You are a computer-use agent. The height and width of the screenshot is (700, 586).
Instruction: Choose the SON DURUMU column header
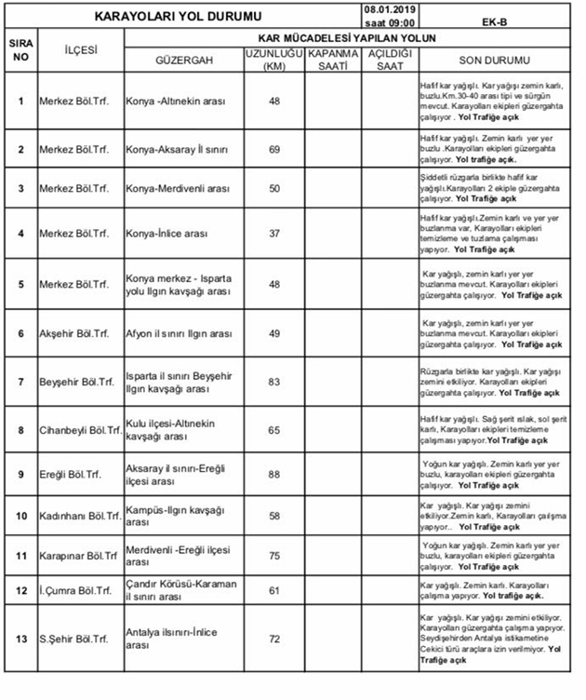point(495,60)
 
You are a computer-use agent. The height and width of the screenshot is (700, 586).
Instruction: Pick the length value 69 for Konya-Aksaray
point(273,149)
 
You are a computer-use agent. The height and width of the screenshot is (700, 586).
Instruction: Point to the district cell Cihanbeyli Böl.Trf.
point(80,430)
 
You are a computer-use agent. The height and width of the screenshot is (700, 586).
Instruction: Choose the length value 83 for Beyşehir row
point(273,381)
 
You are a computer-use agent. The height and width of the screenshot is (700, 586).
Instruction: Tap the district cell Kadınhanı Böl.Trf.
point(80,515)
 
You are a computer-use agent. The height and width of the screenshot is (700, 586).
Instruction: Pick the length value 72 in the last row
point(273,639)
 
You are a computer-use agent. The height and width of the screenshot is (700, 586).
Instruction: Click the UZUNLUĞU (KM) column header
point(273,60)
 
